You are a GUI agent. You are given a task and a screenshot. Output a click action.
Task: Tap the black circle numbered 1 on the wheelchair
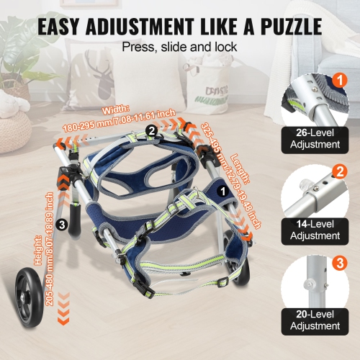[x=223, y=192]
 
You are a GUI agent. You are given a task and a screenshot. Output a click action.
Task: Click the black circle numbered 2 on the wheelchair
[x=152, y=131]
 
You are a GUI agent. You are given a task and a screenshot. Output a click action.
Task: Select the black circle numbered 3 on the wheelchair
[x=63, y=224]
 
